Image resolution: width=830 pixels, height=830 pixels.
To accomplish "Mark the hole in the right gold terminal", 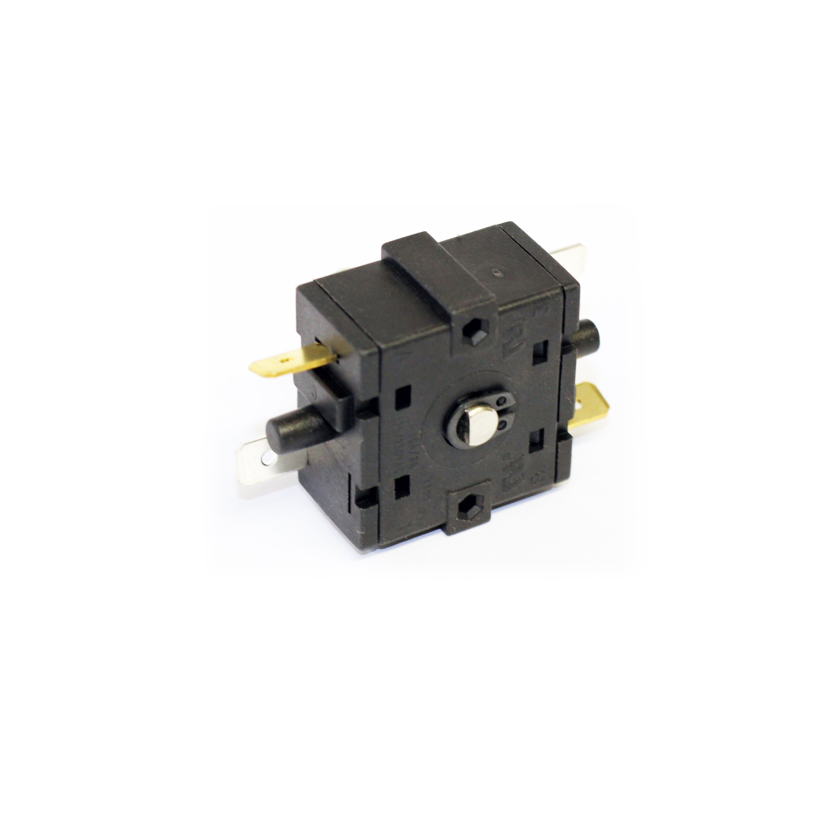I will pyautogui.click(x=578, y=404).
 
